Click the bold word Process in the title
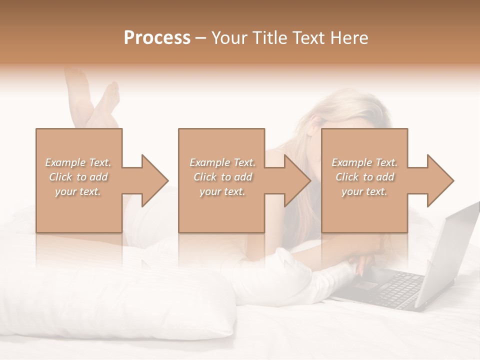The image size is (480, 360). tap(157, 38)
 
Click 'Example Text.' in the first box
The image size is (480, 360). tap(78, 162)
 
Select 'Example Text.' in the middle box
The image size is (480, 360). tap(222, 162)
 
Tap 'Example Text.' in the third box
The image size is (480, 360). tap(364, 162)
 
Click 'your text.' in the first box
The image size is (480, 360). tap(78, 191)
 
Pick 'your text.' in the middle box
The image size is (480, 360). tap(222, 191)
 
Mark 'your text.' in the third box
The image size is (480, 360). tap(364, 191)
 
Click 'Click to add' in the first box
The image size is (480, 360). tap(78, 177)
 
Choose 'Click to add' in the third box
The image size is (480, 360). tap(365, 177)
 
